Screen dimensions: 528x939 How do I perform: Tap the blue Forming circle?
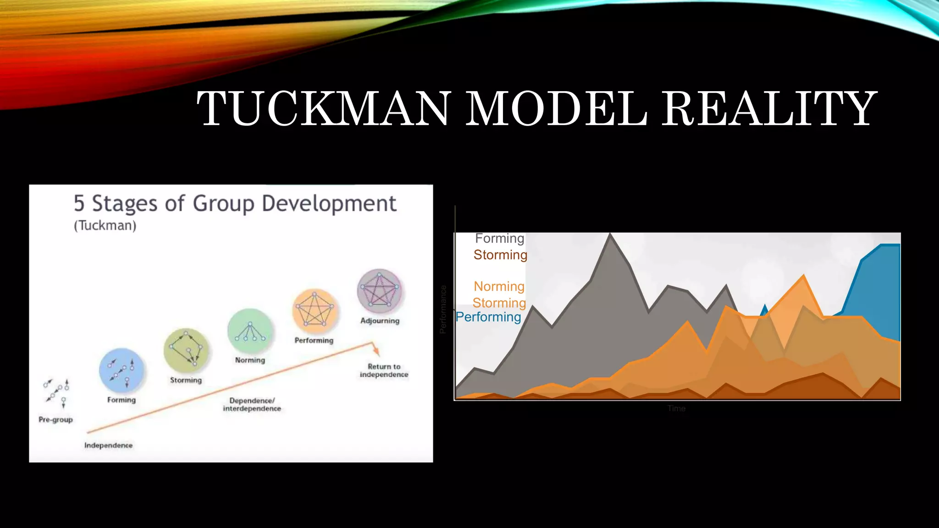[x=122, y=370]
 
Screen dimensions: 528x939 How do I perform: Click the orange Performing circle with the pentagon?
[x=315, y=311]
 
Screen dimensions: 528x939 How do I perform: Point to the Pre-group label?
[x=55, y=419]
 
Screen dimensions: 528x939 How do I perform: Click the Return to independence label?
[x=384, y=370]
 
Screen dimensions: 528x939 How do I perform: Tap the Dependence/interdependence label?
[x=252, y=404]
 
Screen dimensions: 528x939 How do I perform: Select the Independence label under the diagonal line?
[x=108, y=445]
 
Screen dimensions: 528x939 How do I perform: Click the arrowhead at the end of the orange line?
[x=376, y=352]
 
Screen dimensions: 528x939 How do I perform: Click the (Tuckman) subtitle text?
[x=105, y=225]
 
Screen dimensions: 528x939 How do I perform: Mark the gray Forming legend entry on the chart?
[x=499, y=238]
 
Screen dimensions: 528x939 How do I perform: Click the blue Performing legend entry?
[x=488, y=317]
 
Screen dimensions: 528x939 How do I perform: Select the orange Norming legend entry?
[x=499, y=286]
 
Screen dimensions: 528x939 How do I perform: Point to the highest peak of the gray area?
[x=610, y=235]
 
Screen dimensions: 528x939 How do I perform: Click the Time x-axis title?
[x=676, y=408]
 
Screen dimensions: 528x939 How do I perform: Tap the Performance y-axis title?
[x=443, y=309]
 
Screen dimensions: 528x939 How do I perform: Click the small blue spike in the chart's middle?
[x=764, y=309]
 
